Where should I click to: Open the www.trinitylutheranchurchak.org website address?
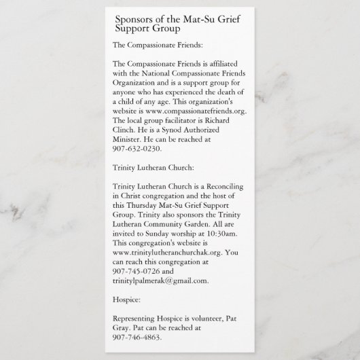163,252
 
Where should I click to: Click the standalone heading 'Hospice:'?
126,299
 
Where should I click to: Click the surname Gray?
122,327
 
